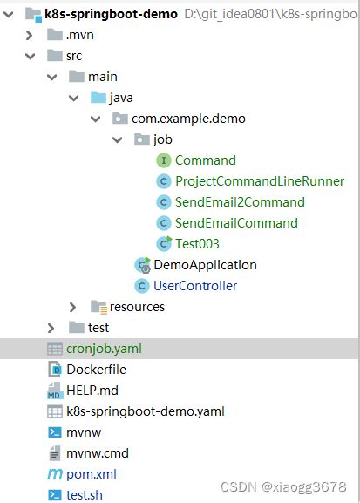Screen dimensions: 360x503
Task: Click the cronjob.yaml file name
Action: pos(104,349)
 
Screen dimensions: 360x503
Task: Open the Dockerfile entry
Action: pos(96,370)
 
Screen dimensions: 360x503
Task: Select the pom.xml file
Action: pos(92,474)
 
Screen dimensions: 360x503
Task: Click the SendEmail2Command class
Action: pos(240,202)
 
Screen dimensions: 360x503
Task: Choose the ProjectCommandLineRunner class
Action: pos(260,181)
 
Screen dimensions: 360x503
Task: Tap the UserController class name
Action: pos(195,286)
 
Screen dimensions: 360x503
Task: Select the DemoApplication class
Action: pos(205,265)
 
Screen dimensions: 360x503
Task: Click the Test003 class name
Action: pos(197,244)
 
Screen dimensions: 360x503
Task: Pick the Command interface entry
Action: pos(206,160)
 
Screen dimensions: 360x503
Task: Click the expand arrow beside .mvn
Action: pos(29,35)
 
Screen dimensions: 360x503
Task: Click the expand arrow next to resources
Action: pos(73,307)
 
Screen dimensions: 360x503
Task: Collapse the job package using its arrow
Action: pos(118,139)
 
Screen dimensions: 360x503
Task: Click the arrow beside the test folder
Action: pos(51,328)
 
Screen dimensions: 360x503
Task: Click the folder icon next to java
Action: pos(98,98)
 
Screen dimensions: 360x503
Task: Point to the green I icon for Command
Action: pos(164,160)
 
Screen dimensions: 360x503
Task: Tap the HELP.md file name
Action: pos(92,391)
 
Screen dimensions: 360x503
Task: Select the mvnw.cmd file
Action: pos(98,453)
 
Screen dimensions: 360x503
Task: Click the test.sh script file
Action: pos(85,495)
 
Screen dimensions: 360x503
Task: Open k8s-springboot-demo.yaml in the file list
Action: pos(146,411)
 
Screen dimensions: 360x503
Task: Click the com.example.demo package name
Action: pos(188,119)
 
